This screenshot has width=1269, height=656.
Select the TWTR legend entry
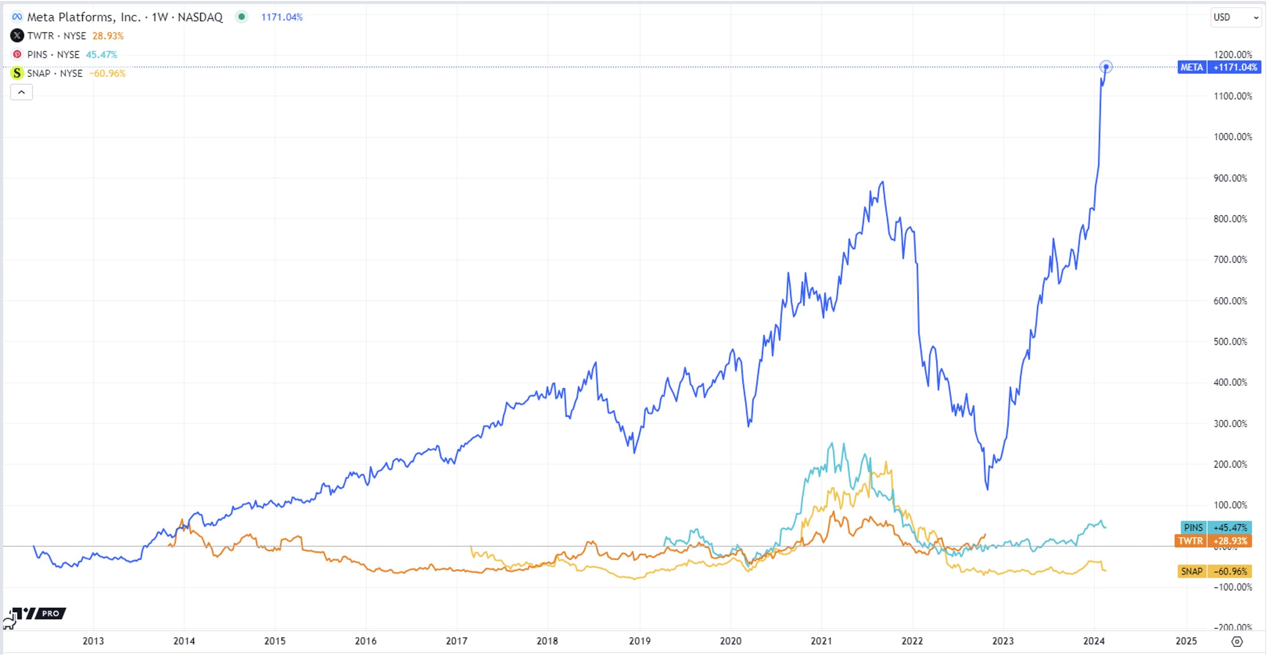tap(56, 36)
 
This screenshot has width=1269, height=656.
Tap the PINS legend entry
tap(53, 55)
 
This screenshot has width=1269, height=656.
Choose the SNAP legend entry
tap(55, 73)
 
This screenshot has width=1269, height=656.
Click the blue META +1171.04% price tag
tap(1218, 68)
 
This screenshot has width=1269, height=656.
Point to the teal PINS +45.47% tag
tap(1215, 528)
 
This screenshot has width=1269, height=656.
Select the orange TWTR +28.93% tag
tap(1212, 541)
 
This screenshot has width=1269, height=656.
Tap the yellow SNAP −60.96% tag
tap(1214, 571)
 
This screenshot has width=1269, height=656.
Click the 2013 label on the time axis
tap(93, 641)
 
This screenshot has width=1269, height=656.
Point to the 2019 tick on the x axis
tap(639, 641)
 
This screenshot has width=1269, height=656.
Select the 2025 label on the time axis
tap(1186, 641)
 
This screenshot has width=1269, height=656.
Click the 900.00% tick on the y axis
tap(1230, 178)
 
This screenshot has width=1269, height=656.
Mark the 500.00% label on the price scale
tap(1230, 342)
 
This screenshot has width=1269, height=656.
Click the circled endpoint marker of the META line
tap(1106, 67)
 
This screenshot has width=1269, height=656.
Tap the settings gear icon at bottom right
tap(1237, 641)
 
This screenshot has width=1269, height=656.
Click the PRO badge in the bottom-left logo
tap(51, 613)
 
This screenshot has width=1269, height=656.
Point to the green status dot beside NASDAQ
tap(242, 17)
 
